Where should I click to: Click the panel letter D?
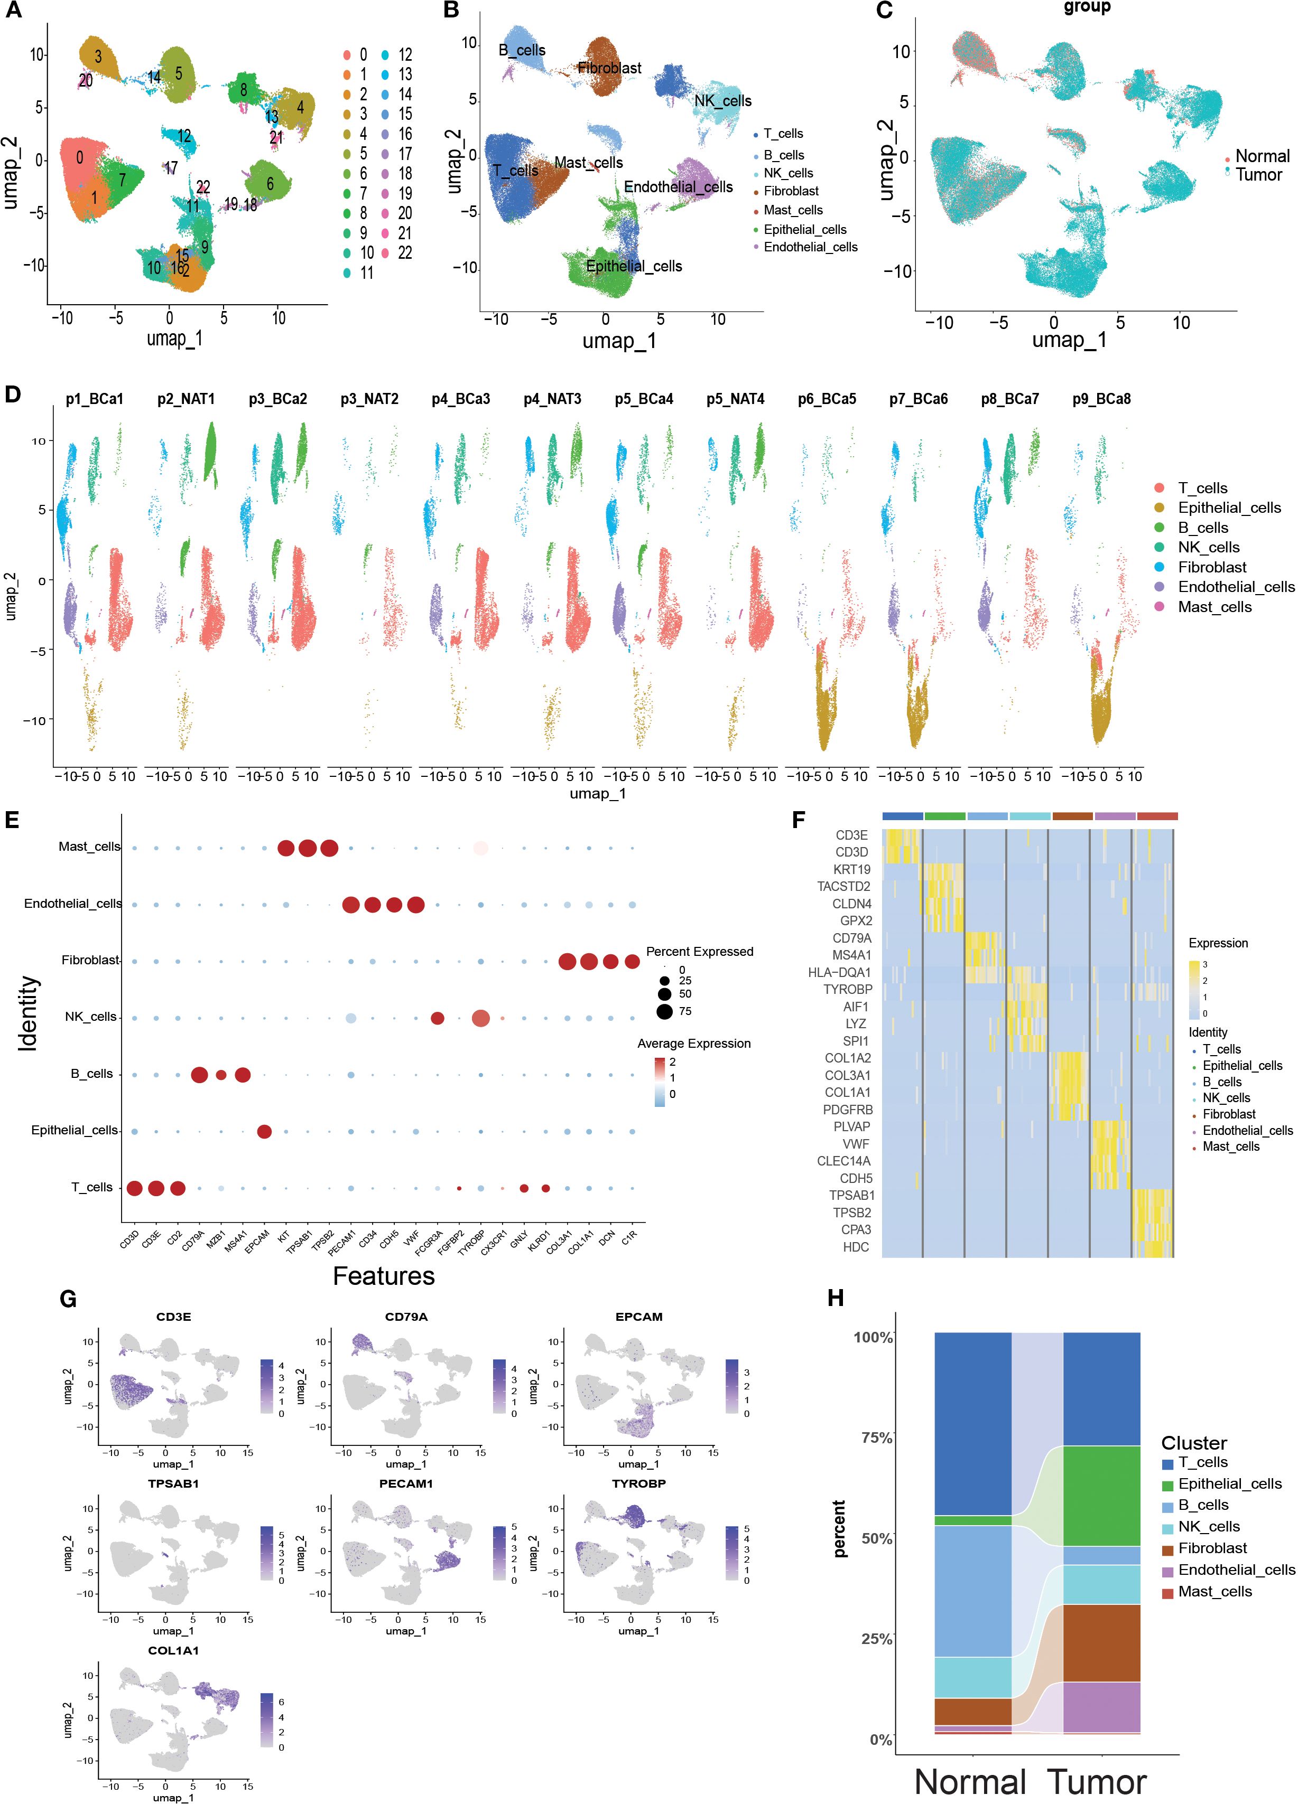(13, 394)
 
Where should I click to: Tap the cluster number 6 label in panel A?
(270, 184)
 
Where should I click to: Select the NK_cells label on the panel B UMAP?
(722, 101)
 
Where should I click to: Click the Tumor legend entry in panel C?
(1258, 175)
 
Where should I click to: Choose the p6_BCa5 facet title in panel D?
(827, 399)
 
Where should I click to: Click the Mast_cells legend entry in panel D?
(1214, 607)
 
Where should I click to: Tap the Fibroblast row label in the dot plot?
(90, 960)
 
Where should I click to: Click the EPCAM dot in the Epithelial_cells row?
(264, 1131)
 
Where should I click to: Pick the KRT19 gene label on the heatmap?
(851, 869)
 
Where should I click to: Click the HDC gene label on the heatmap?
(856, 1246)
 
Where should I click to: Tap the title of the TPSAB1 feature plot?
(173, 1483)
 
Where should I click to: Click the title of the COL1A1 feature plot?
(173, 1650)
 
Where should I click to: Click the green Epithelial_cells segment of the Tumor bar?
(1101, 1496)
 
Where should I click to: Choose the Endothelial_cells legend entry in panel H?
(1236, 1570)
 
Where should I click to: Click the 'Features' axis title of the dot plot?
(384, 1276)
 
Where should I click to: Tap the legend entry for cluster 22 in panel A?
(405, 253)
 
